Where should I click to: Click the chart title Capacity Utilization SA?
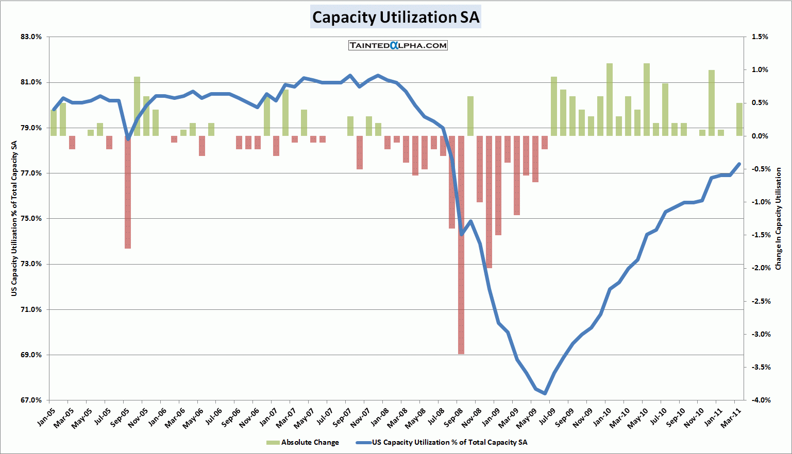[x=396, y=17]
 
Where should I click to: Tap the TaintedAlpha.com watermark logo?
[x=398, y=45]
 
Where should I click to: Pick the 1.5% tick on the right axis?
[x=760, y=37]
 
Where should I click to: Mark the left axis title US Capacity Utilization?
[x=14, y=219]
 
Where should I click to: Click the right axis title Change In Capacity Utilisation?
[x=778, y=219]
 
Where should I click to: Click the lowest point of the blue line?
[x=545, y=393]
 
